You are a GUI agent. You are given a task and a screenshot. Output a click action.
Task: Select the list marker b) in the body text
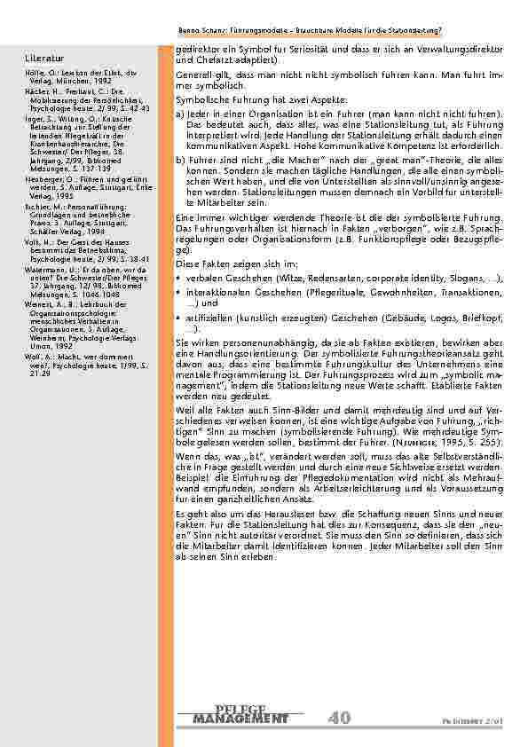(x=180, y=156)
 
